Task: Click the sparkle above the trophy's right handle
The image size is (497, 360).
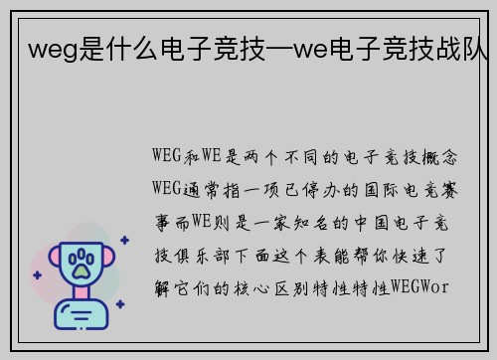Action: tap(123, 239)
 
